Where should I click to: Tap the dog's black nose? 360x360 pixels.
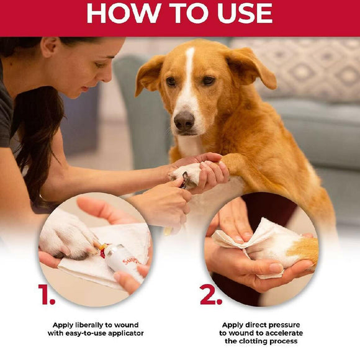(184, 121)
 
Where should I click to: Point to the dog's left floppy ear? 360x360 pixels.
(150, 74)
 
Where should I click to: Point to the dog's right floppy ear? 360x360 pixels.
(251, 66)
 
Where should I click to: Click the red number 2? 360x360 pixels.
(211, 295)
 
